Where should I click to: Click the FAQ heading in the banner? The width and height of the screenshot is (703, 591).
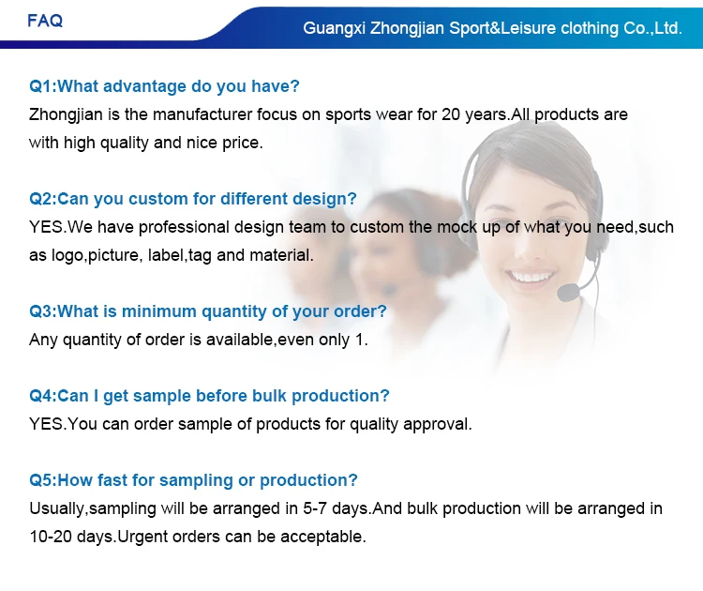[x=45, y=21]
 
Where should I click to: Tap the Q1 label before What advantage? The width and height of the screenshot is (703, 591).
[x=41, y=86]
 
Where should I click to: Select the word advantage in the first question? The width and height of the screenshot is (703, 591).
[x=144, y=86]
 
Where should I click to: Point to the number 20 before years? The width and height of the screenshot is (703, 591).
[x=451, y=114]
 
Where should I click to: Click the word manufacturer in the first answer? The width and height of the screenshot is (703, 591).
[x=202, y=114]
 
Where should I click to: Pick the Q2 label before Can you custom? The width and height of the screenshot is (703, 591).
[x=41, y=199]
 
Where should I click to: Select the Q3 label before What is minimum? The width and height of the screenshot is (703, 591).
[x=41, y=311]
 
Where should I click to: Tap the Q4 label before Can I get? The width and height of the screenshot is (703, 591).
[x=41, y=396]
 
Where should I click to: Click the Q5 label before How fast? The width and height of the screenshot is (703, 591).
[x=41, y=480]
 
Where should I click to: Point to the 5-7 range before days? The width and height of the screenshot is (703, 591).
[x=315, y=508]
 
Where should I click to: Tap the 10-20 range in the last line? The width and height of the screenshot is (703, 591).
[x=51, y=537]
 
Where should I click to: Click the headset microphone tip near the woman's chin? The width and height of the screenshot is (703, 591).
[x=568, y=292]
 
